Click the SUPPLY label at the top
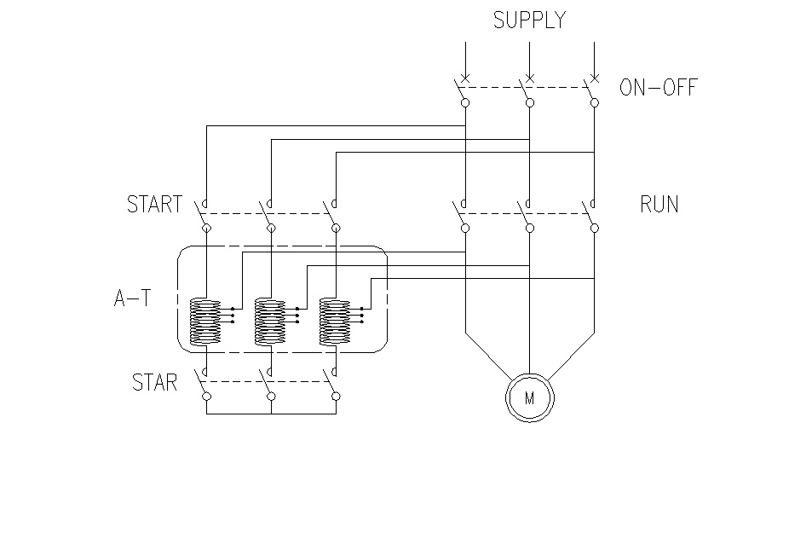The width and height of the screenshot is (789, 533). point(529,20)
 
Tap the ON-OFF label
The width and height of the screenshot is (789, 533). point(658,87)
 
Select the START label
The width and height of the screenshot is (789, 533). point(154,204)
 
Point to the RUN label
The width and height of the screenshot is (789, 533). point(659,204)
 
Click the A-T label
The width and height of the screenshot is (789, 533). point(132,298)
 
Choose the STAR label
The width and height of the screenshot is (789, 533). point(154,382)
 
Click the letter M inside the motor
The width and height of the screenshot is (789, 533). point(529,398)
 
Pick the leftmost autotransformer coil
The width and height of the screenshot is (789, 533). point(205,322)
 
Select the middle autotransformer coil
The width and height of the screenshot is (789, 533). point(270,322)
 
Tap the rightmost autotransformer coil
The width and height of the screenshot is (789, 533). point(335,322)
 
